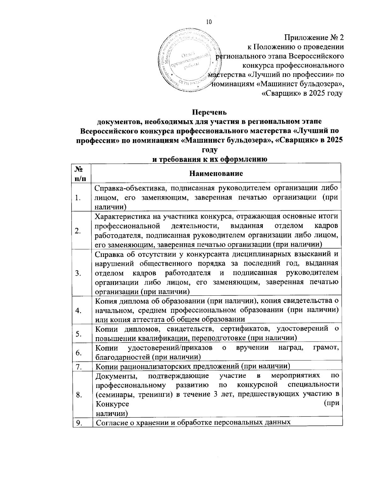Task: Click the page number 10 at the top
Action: click(209, 22)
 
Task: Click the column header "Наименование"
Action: click(216, 173)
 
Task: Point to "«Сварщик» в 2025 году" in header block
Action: click(302, 94)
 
